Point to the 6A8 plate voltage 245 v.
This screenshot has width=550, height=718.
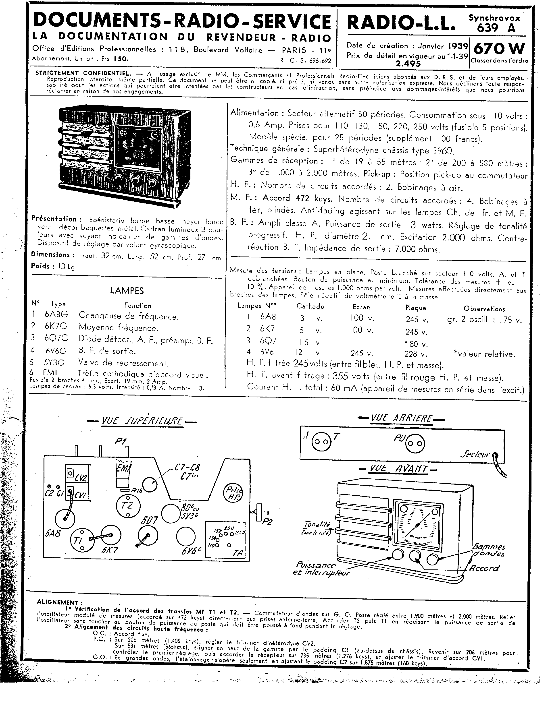(x=417, y=320)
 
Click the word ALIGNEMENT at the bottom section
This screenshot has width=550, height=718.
(x=58, y=602)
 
